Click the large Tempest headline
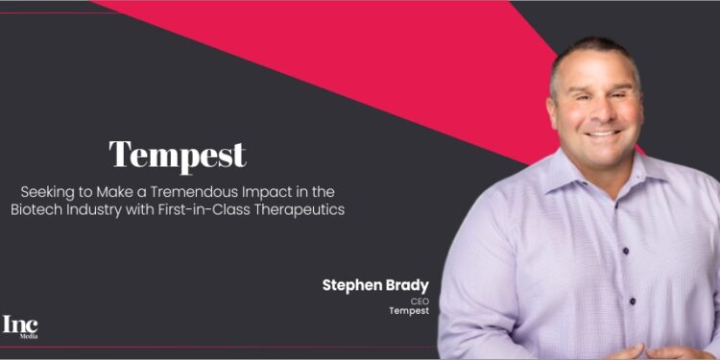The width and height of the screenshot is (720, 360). pos(177,154)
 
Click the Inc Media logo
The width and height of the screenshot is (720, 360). pos(20,327)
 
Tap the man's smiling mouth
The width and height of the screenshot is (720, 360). pos(604,132)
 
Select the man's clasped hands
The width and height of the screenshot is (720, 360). pos(662,350)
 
